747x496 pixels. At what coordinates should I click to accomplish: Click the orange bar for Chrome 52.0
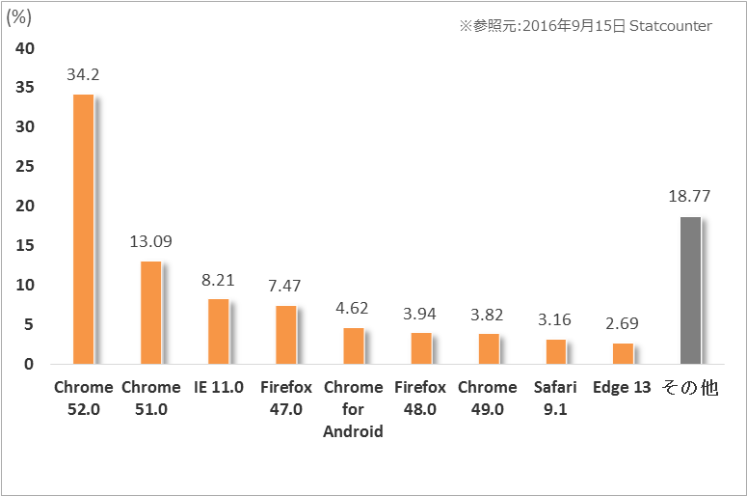(x=83, y=229)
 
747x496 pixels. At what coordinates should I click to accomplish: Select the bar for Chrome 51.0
(x=150, y=313)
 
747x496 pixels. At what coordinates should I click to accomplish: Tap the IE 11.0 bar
(x=218, y=331)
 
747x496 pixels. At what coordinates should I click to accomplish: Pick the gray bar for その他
(x=690, y=290)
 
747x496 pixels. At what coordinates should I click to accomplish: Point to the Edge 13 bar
(x=623, y=353)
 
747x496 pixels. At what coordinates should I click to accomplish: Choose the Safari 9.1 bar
(x=555, y=351)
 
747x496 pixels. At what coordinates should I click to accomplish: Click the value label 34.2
(x=83, y=73)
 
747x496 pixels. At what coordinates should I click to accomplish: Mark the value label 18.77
(x=690, y=196)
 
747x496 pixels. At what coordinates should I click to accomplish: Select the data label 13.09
(x=150, y=241)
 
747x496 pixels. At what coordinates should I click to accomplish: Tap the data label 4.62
(x=353, y=308)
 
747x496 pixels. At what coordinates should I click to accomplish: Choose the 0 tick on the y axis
(x=30, y=364)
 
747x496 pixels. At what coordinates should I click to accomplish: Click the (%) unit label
(x=20, y=17)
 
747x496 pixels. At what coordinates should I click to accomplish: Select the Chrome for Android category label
(x=353, y=409)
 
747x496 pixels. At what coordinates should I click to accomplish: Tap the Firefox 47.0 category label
(x=285, y=398)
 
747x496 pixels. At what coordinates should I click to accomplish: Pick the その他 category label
(x=690, y=388)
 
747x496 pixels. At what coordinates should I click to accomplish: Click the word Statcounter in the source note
(x=670, y=26)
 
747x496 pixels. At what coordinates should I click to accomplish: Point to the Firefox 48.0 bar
(x=420, y=348)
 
